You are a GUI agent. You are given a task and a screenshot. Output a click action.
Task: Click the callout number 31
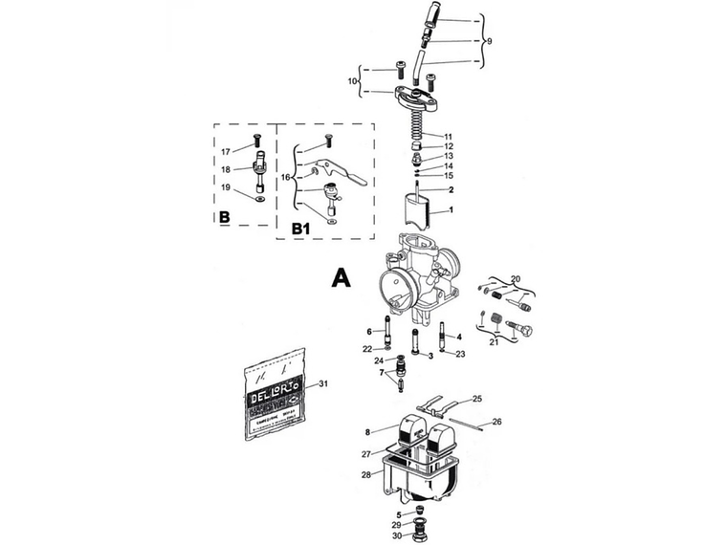(323, 383)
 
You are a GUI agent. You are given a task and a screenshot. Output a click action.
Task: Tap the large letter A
(341, 277)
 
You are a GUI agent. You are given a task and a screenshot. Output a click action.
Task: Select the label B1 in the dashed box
(301, 229)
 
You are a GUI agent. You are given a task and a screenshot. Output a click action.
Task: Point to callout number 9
(489, 42)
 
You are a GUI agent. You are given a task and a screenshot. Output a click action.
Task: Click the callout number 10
(352, 82)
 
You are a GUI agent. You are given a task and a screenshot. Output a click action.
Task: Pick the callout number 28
(365, 474)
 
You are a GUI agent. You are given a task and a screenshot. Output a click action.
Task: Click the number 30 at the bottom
(397, 535)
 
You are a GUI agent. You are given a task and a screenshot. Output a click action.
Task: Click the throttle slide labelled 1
(418, 212)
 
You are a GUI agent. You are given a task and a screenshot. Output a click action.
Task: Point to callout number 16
(285, 178)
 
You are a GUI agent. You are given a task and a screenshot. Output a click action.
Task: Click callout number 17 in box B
(226, 151)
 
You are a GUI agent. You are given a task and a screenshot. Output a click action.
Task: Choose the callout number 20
(516, 278)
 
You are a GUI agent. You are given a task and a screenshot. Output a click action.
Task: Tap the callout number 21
(494, 341)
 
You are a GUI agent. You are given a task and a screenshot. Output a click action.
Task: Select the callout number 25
(477, 398)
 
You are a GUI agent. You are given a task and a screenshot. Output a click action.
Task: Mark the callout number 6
(367, 332)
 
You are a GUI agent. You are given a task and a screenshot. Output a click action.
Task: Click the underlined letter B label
(223, 218)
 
